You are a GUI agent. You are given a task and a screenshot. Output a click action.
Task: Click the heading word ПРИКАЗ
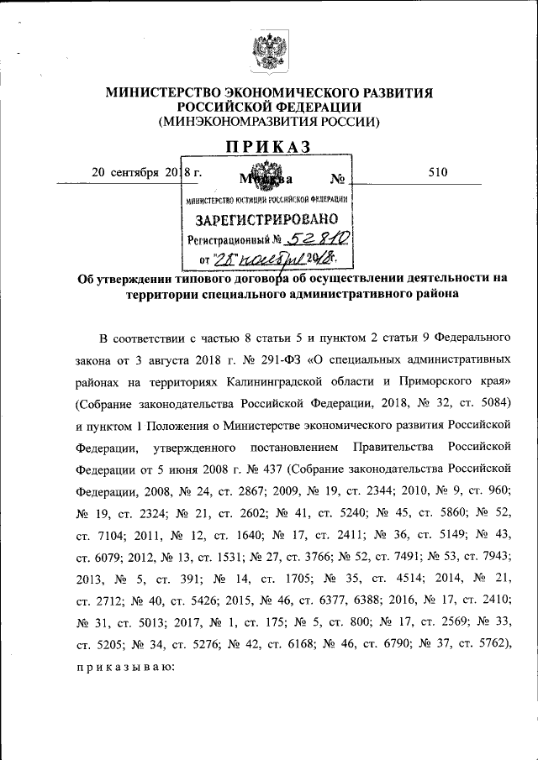point(268,147)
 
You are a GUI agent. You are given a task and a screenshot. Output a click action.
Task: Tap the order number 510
point(438,173)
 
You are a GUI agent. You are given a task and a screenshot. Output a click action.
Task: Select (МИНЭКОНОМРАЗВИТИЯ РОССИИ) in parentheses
point(269,122)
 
